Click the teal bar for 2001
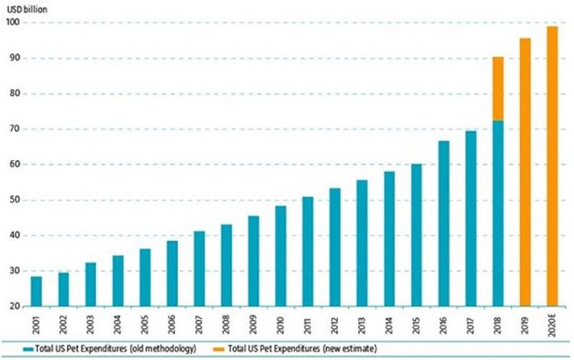(36, 291)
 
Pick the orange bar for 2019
(525, 172)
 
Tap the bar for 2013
(362, 243)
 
